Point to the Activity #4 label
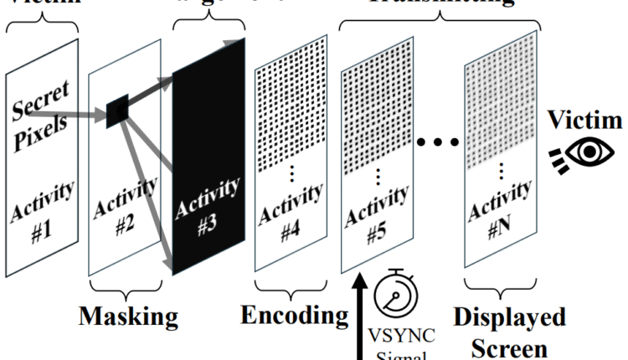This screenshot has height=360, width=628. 290,213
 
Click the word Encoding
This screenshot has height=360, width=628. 293,316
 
